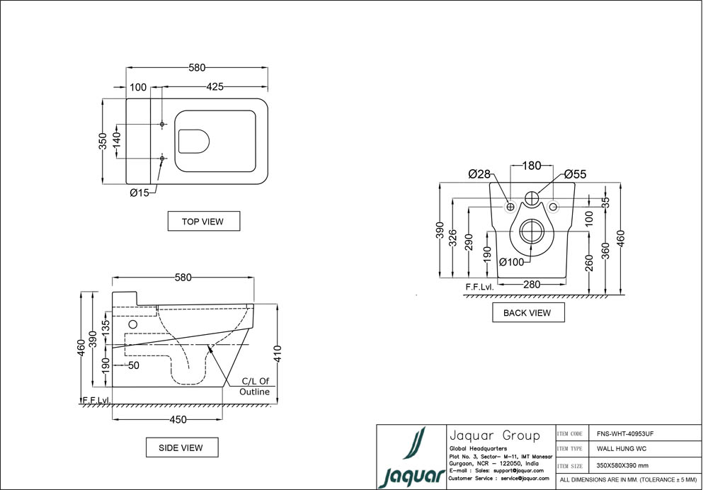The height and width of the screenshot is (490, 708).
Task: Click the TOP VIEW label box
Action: [x=203, y=221]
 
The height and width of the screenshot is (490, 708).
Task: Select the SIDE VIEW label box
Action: [x=182, y=448]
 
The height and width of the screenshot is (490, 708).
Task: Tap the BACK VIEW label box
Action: [x=527, y=312]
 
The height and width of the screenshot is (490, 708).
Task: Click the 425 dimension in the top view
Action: [x=215, y=86]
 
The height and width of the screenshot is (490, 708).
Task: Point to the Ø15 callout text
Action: [x=139, y=193]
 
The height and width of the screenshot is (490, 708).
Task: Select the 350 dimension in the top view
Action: [x=103, y=141]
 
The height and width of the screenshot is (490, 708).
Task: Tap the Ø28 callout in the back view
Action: [x=480, y=173]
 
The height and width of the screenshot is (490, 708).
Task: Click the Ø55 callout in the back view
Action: [x=576, y=173]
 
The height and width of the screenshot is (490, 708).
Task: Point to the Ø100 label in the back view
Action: [x=512, y=262]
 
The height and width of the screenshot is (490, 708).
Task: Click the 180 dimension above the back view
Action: [x=532, y=166]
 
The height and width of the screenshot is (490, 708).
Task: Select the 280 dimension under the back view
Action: [x=532, y=285]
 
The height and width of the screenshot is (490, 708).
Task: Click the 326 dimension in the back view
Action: [x=453, y=239]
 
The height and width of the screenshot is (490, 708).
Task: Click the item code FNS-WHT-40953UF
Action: [x=624, y=433]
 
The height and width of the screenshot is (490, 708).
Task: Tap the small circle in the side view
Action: [x=132, y=324]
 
